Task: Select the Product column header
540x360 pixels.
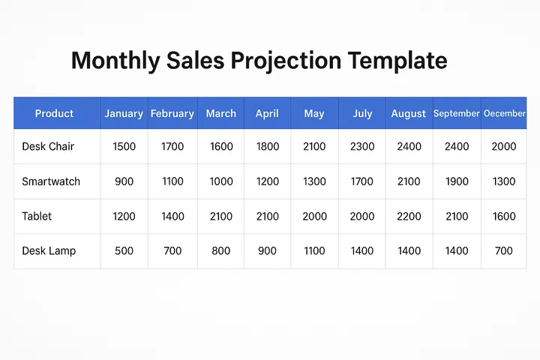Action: (54, 114)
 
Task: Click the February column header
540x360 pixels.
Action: (172, 114)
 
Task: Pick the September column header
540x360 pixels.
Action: (457, 114)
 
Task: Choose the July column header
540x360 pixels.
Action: (362, 114)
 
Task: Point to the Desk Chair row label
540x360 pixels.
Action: (48, 147)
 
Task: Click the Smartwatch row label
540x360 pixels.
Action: (51, 181)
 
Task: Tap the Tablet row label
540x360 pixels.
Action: (37, 216)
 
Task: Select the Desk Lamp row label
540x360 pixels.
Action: (49, 250)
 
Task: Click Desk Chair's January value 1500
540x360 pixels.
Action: (124, 147)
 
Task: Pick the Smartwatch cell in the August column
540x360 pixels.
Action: (409, 181)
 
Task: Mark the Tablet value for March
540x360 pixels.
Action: (221, 216)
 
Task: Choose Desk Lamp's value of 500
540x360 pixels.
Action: (124, 250)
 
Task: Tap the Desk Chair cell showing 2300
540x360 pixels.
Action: (362, 147)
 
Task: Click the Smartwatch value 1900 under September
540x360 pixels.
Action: (457, 181)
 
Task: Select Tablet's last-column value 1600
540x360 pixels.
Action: (504, 216)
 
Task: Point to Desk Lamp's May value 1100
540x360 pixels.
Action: (314, 250)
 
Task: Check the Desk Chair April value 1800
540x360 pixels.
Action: (267, 147)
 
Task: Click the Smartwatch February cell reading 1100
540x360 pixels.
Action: (172, 181)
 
